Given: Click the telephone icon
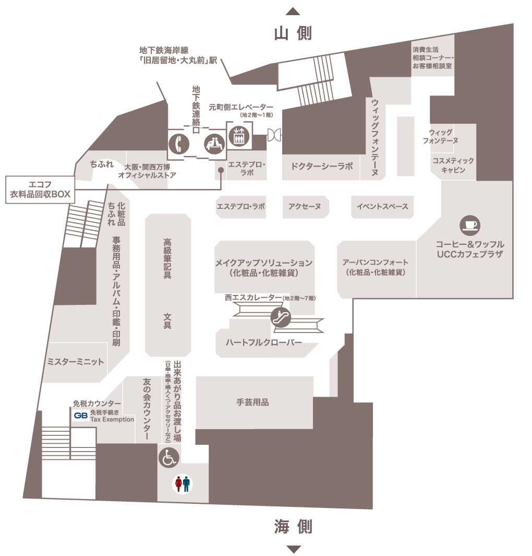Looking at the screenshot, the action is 179,144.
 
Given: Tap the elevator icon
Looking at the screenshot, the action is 239,136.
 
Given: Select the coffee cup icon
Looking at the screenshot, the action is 470,226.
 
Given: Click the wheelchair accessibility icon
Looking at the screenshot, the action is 168,457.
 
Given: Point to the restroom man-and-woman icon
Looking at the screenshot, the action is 183,483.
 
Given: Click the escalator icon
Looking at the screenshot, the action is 281,317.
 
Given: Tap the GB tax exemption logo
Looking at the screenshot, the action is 81,416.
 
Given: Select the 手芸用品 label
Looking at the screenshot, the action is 252,402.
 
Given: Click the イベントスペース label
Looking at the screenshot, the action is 382,206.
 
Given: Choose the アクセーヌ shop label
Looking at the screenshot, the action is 305,206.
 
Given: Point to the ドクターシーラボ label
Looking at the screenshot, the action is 322,166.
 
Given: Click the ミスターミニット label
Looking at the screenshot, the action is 76,362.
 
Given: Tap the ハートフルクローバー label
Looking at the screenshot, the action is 264,342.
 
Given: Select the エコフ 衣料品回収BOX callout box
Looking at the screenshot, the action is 40,190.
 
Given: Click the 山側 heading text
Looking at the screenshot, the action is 293,34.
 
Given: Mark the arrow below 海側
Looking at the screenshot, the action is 293,549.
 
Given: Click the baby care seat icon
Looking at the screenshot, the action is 215,144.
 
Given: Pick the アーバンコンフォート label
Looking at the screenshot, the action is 376,267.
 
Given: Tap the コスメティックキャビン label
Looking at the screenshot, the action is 453,165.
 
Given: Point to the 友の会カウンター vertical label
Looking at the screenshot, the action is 147,409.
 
